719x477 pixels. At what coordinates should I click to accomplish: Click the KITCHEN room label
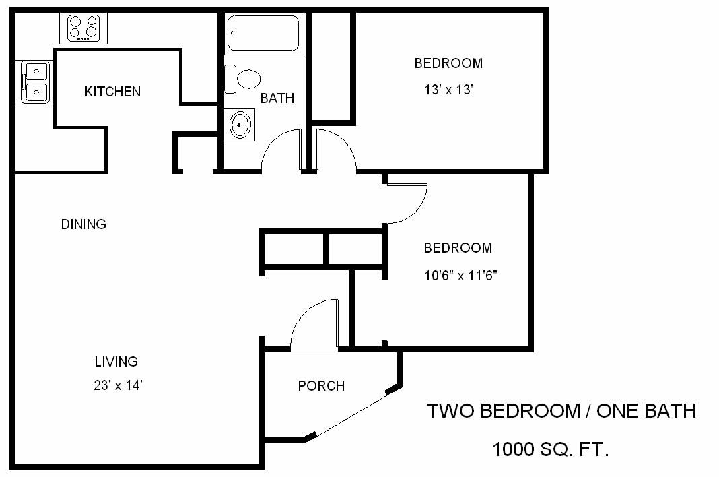click(x=112, y=92)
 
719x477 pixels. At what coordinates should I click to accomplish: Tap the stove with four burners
click(x=83, y=28)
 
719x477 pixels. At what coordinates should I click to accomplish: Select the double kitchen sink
click(x=35, y=82)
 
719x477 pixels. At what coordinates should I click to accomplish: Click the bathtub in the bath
click(x=264, y=34)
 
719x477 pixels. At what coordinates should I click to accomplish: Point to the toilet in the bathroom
click(x=243, y=79)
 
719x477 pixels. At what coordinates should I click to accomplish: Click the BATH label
click(x=277, y=98)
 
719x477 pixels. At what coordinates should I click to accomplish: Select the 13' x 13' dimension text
click(x=448, y=90)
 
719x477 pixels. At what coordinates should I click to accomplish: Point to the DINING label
click(x=83, y=224)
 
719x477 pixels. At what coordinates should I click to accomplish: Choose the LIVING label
click(x=116, y=362)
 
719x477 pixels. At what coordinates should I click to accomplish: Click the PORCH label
click(x=321, y=386)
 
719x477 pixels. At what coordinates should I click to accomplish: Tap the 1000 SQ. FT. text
click(x=551, y=449)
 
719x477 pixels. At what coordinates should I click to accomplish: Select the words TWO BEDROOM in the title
click(x=502, y=411)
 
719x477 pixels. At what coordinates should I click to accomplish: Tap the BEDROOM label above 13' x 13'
click(x=448, y=63)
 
